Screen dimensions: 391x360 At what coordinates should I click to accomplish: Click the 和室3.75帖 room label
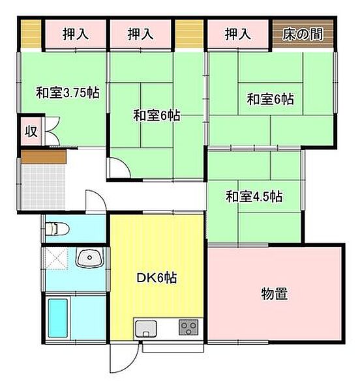pyautogui.click(x=67, y=93)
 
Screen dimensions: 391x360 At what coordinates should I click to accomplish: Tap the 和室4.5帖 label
pyautogui.click(x=254, y=195)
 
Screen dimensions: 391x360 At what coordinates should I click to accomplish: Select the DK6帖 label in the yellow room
pyautogui.click(x=157, y=278)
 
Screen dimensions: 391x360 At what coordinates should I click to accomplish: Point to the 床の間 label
pyautogui.click(x=303, y=34)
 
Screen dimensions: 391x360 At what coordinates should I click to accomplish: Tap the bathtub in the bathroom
pyautogui.click(x=58, y=317)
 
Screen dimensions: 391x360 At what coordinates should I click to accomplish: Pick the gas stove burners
pyautogui.click(x=189, y=326)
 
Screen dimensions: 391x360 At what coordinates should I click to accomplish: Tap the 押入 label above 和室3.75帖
pyautogui.click(x=75, y=34)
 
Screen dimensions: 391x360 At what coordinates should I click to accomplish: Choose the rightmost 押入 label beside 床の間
pyautogui.click(x=237, y=34)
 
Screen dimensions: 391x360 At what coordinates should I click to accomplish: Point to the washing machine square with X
pyautogui.click(x=57, y=259)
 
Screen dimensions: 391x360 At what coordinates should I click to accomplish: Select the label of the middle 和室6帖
pyautogui.click(x=157, y=116)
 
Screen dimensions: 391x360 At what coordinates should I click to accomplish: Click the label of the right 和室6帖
pyautogui.click(x=269, y=100)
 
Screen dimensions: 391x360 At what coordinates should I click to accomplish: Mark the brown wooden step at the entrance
pyautogui.click(x=43, y=157)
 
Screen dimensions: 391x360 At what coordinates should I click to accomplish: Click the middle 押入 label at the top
pyautogui.click(x=140, y=34)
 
